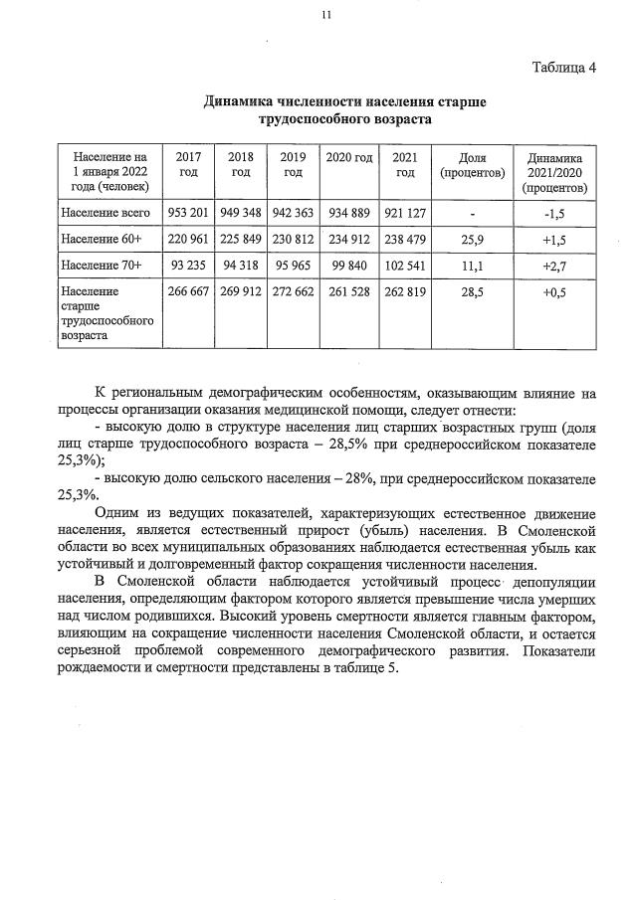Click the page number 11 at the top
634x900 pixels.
tap(325, 14)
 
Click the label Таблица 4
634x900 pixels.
tap(564, 68)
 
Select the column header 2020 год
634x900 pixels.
tap(348, 158)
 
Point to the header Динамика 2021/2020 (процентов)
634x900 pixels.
tap(555, 172)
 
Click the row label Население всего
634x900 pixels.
tap(105, 213)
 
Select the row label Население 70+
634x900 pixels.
tap(102, 266)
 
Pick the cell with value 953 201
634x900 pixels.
tap(187, 213)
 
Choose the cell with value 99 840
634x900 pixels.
tap(348, 266)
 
